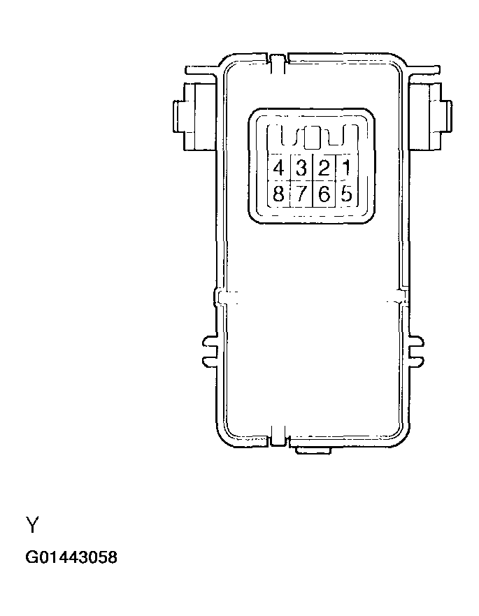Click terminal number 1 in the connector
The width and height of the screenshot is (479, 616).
click(345, 169)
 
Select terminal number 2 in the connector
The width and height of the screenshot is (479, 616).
click(324, 169)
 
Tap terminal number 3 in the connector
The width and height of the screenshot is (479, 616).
click(301, 169)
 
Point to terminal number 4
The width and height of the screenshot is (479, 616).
click(279, 169)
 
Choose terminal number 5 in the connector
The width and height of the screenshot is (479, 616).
click(345, 194)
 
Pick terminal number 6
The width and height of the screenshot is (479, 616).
click(324, 194)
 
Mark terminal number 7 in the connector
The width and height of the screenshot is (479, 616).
click(301, 194)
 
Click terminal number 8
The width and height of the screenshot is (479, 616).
click(279, 194)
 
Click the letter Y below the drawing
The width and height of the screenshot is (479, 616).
click(32, 524)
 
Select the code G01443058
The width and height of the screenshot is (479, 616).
click(71, 557)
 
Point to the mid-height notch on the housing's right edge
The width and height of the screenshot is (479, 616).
click(401, 296)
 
